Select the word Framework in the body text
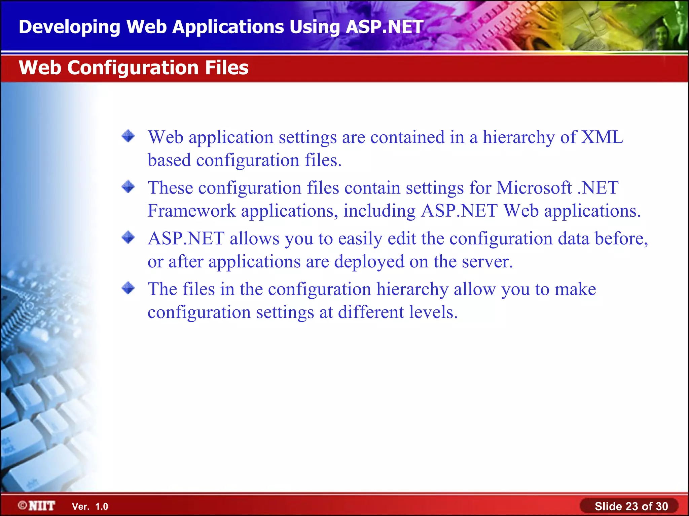click(191, 211)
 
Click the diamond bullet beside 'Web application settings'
click(128, 136)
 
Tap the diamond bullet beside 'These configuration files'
click(128, 186)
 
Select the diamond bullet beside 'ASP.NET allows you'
click(128, 237)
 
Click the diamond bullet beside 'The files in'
click(128, 288)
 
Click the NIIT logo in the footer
click(37, 506)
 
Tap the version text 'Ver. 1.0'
click(90, 507)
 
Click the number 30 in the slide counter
click(661, 506)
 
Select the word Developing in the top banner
click(69, 27)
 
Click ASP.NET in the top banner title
click(384, 27)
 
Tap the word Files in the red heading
click(226, 68)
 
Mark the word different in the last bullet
click(370, 312)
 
